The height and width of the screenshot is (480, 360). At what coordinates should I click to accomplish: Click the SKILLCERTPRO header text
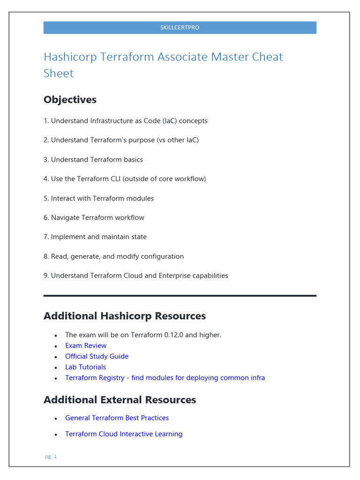tap(180, 28)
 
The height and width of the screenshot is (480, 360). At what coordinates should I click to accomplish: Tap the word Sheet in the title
tap(59, 73)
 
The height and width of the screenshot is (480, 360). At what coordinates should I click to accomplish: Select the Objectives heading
tap(70, 99)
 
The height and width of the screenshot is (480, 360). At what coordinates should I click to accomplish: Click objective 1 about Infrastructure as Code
tap(126, 121)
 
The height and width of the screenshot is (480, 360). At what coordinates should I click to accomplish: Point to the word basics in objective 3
tap(132, 160)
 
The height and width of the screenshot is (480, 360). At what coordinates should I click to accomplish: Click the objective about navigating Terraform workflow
tap(94, 217)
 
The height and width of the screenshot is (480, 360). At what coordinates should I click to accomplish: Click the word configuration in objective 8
tap(162, 256)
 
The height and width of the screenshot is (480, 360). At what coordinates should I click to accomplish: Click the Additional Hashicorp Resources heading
tap(125, 316)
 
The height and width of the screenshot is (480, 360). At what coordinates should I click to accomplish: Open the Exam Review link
tap(86, 346)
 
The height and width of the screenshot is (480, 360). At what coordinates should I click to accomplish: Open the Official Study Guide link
tap(97, 357)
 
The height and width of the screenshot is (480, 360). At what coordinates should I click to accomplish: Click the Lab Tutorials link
tap(85, 367)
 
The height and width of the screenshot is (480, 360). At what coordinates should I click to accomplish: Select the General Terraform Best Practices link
tap(117, 418)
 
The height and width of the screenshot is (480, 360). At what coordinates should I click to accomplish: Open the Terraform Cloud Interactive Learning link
tap(124, 434)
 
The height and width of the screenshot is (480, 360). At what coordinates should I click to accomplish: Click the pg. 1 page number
tap(51, 457)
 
